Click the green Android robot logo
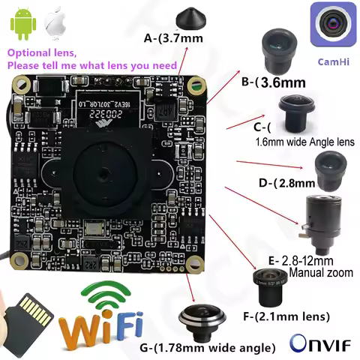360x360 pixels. [x=22, y=25]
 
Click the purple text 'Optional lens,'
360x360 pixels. [x=40, y=54]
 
